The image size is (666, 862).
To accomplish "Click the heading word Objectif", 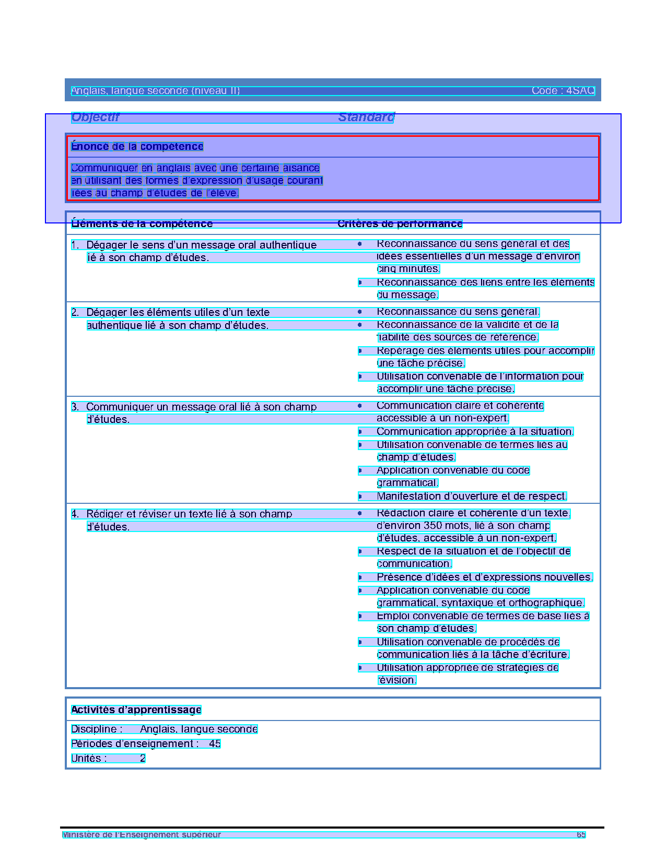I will (95, 117).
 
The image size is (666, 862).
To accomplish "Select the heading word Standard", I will (366, 117).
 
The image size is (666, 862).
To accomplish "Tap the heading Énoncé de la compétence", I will (137, 147).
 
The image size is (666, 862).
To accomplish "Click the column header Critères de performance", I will (400, 224).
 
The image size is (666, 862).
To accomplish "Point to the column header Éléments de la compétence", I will (142, 224).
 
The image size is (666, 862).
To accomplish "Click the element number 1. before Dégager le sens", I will (75, 245).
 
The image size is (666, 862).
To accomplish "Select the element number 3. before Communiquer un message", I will (75, 407).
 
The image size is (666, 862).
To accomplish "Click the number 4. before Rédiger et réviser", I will (75, 514).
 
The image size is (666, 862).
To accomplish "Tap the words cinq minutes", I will (408, 269).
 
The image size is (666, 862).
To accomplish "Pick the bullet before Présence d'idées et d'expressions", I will (360, 577).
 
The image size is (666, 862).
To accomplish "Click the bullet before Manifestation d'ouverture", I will (360, 497).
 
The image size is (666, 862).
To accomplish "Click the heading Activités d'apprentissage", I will (136, 710).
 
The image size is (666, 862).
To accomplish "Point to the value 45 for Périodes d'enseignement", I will (215, 744).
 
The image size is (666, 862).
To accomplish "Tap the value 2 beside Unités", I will (143, 759).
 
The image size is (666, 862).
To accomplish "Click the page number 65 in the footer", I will (581, 835).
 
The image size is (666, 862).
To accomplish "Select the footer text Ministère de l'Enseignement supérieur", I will (142, 835).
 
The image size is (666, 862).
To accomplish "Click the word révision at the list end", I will (396, 680).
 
